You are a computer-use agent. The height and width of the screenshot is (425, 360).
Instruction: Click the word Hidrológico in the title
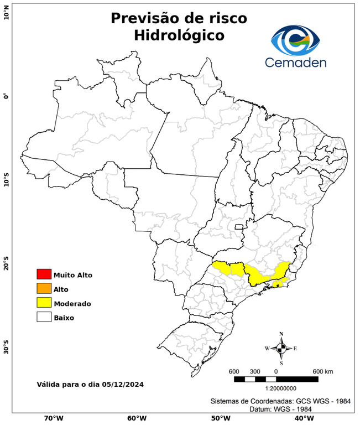pyautogui.click(x=179, y=35)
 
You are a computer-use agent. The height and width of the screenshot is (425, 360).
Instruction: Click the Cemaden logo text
pyautogui.click(x=296, y=62)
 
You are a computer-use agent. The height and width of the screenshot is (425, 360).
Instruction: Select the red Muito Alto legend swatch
pyautogui.click(x=44, y=274)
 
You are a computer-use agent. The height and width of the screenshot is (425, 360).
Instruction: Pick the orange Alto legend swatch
pyautogui.click(x=44, y=289)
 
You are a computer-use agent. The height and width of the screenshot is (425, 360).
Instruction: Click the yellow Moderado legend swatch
pyautogui.click(x=44, y=303)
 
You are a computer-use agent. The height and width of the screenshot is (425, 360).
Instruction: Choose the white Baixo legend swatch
pyautogui.click(x=44, y=318)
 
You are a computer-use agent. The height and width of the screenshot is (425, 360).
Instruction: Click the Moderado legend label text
pyautogui.click(x=72, y=303)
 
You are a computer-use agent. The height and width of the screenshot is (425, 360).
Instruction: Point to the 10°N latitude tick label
pyautogui.click(x=6, y=14)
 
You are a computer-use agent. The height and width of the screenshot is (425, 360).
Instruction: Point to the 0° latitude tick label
pyautogui.click(x=6, y=95)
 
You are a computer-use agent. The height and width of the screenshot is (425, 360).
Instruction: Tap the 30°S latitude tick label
pyautogui.click(x=6, y=350)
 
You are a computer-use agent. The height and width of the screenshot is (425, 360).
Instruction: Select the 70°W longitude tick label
pyautogui.click(x=53, y=418)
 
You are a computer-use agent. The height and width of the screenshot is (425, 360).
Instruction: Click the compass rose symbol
pyautogui.click(x=281, y=348)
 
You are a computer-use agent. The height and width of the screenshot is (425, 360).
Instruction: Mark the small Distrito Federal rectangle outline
pyautogui.click(x=239, y=227)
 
